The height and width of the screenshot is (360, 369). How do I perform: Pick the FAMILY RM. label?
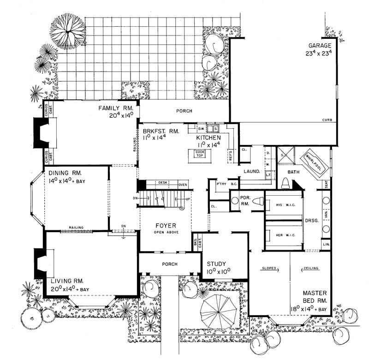(115, 108)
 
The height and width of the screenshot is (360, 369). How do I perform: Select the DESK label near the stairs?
(162, 183)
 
